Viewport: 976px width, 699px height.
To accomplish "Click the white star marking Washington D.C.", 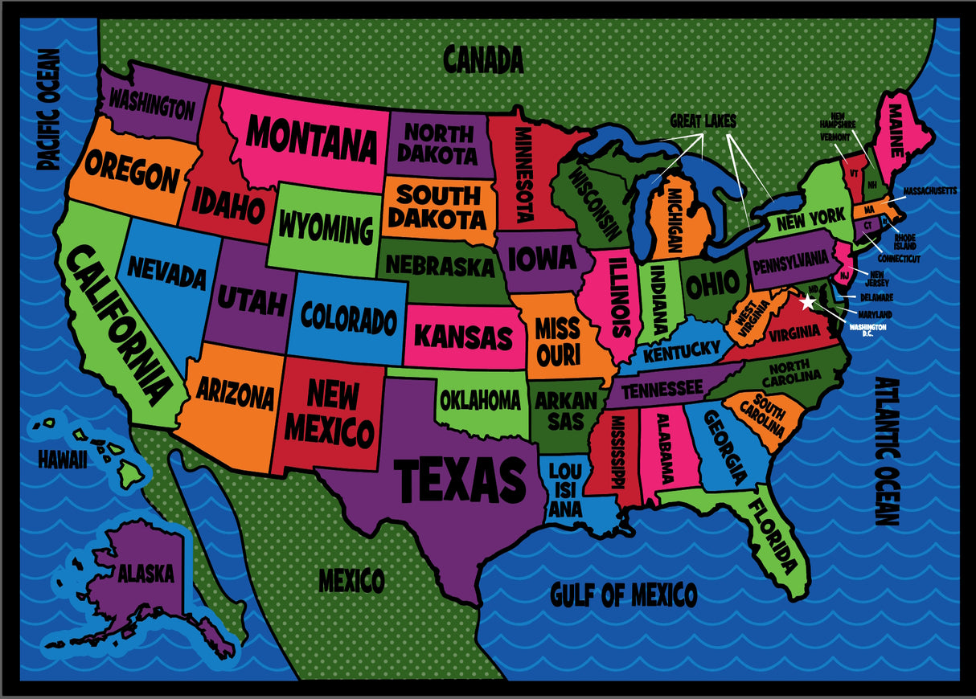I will pos(808,302).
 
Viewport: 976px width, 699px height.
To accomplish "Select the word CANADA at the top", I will pos(483,59).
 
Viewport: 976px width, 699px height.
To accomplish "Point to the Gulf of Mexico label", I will pos(623,595).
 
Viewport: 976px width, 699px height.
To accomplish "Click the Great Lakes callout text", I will pos(703,121).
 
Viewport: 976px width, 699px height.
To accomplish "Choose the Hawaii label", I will pos(62,459).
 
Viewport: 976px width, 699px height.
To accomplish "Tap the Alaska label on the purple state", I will pos(146,574).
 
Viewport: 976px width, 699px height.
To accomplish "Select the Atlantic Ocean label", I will pos(887,451).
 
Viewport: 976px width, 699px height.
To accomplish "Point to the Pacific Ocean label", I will pos(49,109).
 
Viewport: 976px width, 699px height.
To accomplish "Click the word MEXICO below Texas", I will pos(351,579).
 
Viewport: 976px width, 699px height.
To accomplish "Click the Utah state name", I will pos(251,302).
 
